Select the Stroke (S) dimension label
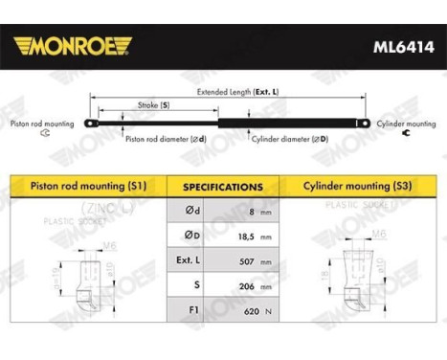coord(153,103)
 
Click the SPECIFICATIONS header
coord(223,187)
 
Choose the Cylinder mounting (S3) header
coord(358,186)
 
